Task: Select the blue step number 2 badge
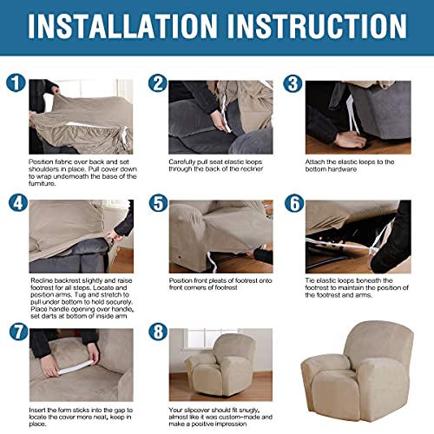tap(157, 84)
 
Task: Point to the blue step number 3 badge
tap(294, 84)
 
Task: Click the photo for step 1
tap(82, 117)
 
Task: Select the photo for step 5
tap(220, 235)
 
